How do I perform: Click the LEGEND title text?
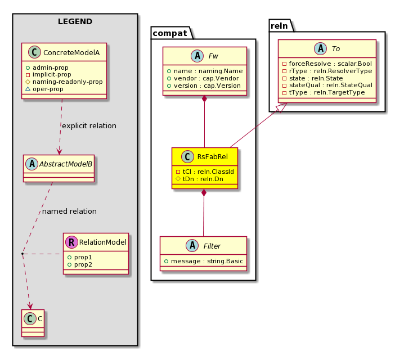75,21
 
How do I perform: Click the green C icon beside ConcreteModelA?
34,52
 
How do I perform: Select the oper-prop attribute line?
44,89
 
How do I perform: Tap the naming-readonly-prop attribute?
64,82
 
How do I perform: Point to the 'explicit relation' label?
89,125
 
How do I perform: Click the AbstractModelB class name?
66,164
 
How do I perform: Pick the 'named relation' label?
69,211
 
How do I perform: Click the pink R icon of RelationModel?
71,242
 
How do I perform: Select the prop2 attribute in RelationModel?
79,265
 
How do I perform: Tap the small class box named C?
33,323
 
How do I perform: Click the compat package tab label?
170,33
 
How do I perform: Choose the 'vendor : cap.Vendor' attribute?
203,78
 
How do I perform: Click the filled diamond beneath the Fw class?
205,99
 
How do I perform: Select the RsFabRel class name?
213,156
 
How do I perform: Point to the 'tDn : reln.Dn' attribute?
199,179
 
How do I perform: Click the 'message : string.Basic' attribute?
204,261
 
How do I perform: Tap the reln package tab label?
279,26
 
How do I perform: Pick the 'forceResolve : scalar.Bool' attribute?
327,64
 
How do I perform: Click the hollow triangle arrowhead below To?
281,107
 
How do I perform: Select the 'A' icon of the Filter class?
192,246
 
